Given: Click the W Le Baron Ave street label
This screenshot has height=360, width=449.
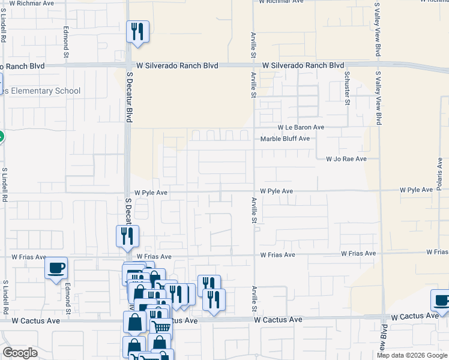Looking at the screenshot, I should click(300, 127).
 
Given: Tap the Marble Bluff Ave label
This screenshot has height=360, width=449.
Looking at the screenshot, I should click(285, 139).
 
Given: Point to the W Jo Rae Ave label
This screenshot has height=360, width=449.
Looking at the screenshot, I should click(346, 159).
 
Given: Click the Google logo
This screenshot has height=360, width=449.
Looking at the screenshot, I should click(20, 353).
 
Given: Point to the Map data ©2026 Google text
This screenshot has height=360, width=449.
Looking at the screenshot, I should click(412, 355).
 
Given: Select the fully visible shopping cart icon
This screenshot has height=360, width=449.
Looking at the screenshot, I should click(161, 326).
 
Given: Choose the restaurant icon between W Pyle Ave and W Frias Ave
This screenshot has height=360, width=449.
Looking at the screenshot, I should click(127, 236).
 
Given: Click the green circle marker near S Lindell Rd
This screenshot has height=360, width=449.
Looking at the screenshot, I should click(1, 136).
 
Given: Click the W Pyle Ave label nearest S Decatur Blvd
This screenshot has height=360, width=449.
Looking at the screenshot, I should click(151, 193).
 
